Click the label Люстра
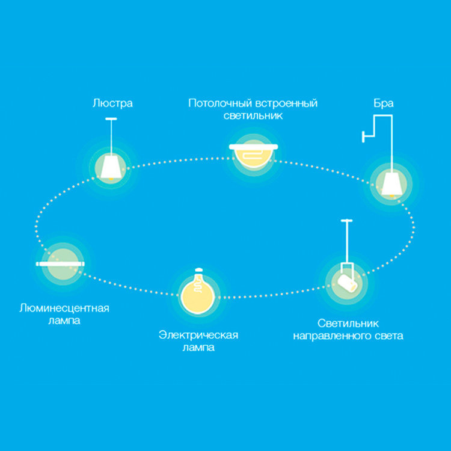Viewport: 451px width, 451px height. tap(112, 103)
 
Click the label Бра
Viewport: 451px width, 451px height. tap(383, 103)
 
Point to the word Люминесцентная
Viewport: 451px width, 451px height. tap(64, 308)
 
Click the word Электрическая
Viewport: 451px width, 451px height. tap(198, 335)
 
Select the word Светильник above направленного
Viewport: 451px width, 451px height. tap(348, 323)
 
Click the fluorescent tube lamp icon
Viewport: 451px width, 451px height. tap(60, 263)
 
